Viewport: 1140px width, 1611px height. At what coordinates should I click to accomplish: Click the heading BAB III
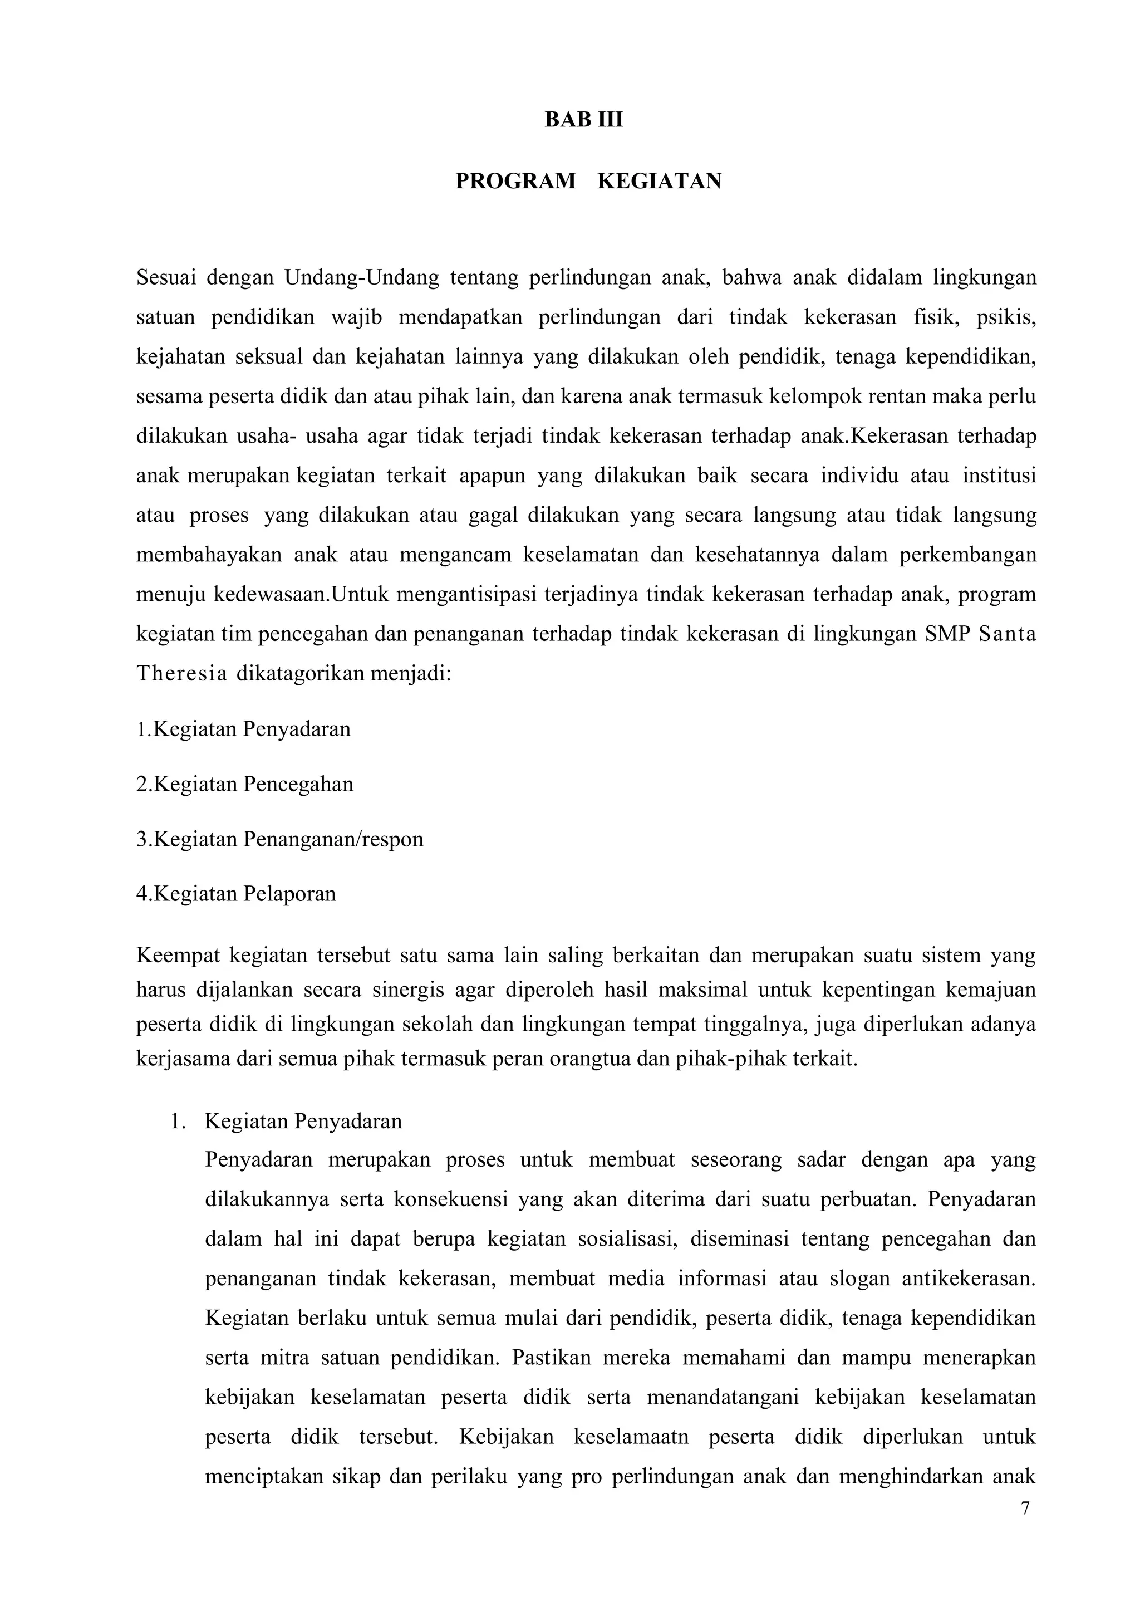point(583,120)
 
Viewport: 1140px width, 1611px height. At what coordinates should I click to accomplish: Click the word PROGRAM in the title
point(515,181)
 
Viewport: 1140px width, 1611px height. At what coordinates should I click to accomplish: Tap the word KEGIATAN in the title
point(659,181)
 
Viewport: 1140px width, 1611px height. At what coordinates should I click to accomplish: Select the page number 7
point(1025,1509)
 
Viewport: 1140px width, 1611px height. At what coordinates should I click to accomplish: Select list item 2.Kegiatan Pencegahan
point(244,784)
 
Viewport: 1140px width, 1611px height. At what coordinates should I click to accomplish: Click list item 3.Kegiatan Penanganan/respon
point(279,839)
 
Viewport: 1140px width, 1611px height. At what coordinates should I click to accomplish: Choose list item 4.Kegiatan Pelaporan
point(236,894)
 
